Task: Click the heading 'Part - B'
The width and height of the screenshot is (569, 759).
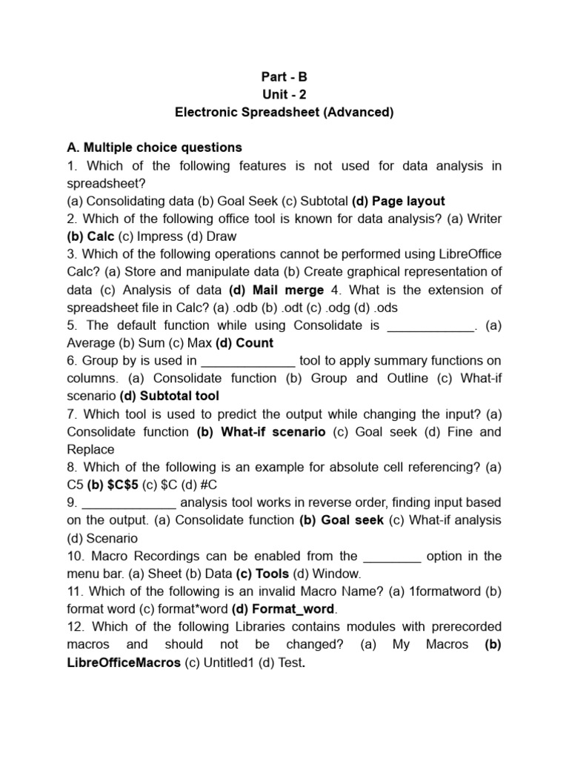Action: pos(284,76)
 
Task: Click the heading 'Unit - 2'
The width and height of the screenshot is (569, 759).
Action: pos(284,94)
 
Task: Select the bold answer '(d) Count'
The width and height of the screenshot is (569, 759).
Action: pos(244,343)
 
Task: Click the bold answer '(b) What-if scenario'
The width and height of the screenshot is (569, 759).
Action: pos(261,432)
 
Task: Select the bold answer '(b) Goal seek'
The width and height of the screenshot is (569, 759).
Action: pos(342,521)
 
